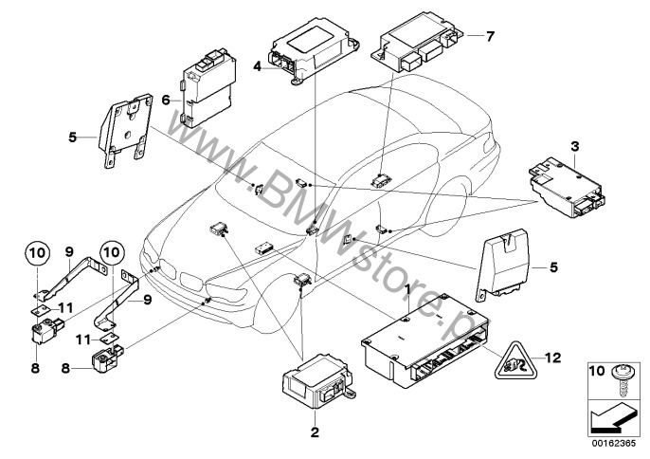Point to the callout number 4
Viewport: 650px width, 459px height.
point(257,66)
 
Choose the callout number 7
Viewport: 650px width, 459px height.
point(490,37)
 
